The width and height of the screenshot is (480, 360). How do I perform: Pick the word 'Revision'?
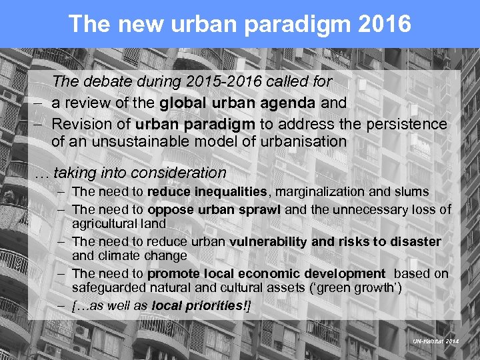click(82, 124)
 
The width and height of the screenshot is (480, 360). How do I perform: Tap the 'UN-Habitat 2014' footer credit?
click(435, 340)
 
